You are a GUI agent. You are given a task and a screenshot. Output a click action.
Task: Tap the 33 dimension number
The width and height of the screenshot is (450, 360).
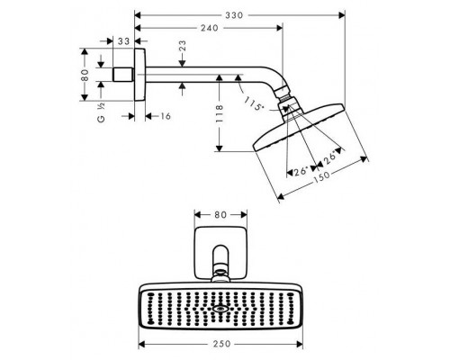pos(123,40)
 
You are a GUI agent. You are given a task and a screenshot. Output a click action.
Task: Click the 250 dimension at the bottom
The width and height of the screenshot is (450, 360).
pos(225,344)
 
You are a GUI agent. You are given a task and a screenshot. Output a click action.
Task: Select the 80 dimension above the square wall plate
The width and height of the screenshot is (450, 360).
pos(225,215)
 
